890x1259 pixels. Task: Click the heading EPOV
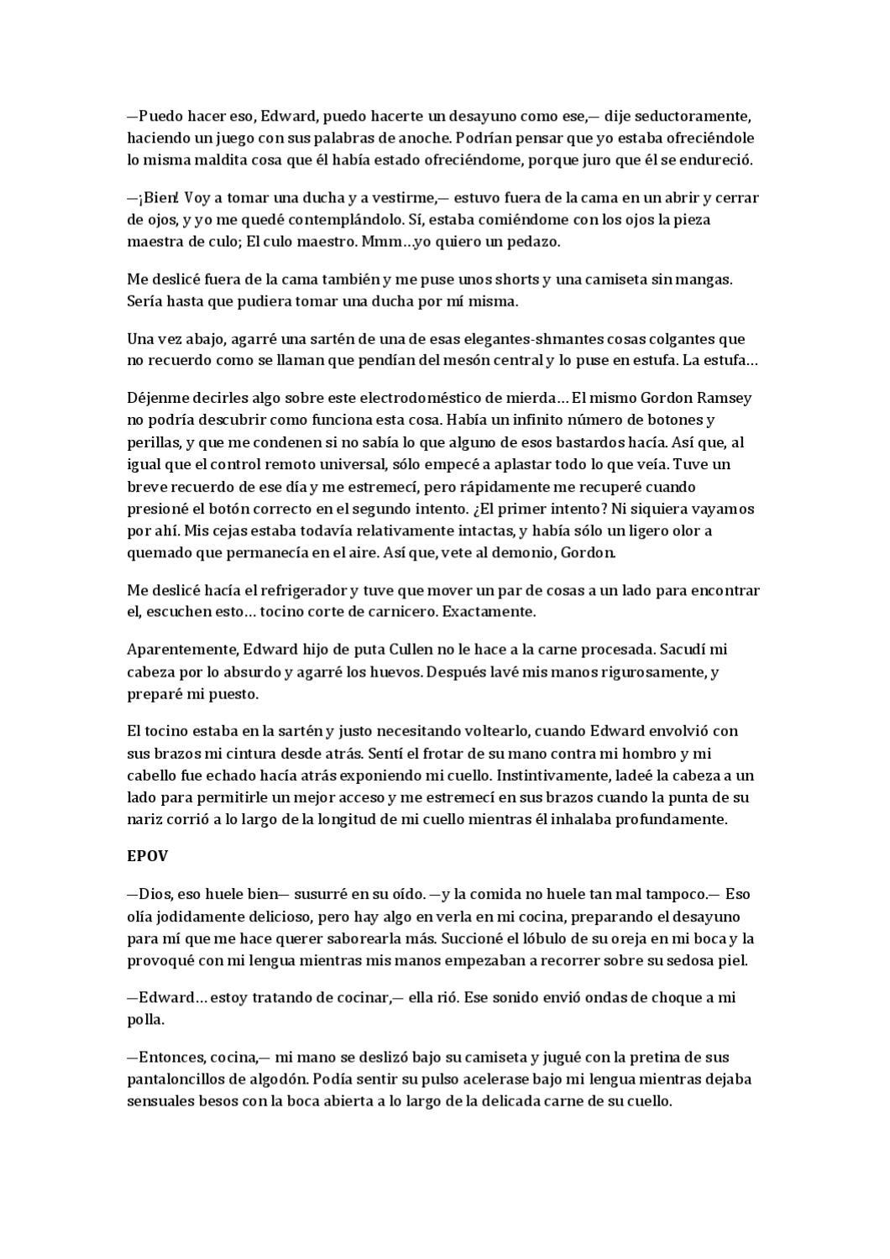147,857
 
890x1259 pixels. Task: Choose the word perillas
152,441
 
